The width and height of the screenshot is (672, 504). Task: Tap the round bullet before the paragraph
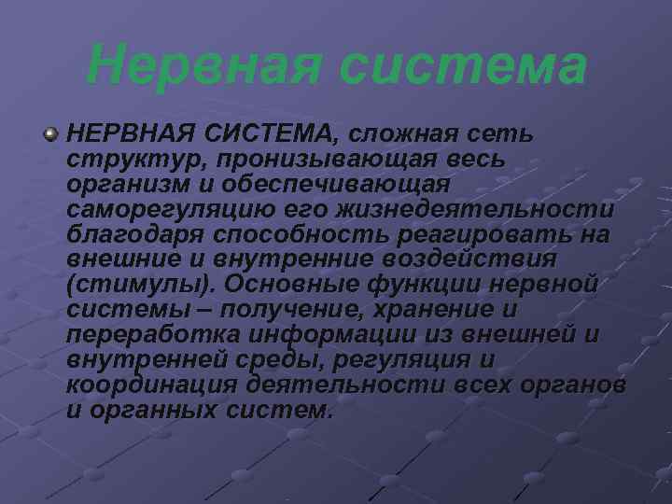[50, 136]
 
